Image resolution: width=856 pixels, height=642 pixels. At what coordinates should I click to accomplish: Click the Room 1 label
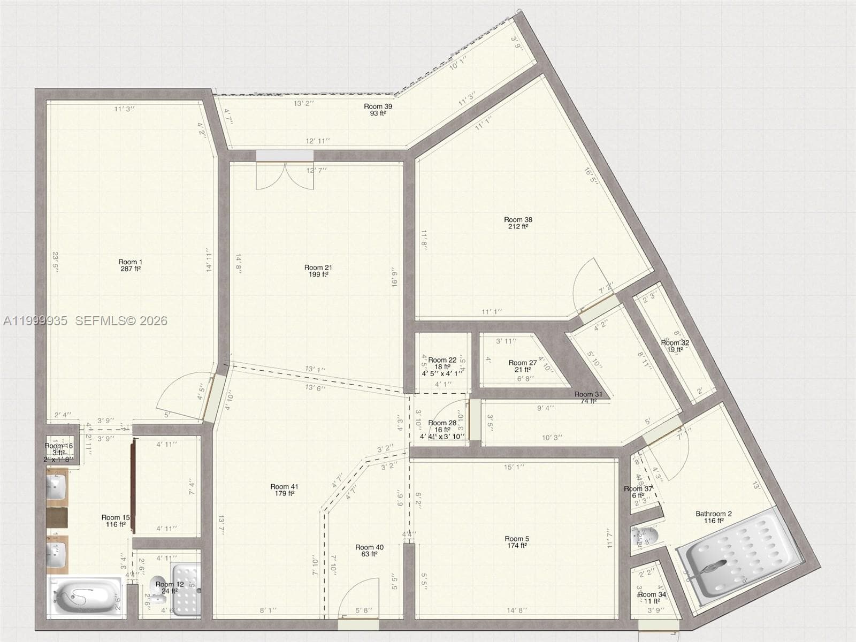pos(131,265)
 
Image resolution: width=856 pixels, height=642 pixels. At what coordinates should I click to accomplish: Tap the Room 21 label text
pos(318,271)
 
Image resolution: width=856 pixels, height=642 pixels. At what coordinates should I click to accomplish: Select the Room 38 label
pos(518,223)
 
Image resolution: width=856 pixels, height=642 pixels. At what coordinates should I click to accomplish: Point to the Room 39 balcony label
pos(378,110)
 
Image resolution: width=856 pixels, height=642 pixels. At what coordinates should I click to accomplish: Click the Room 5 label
pos(516,542)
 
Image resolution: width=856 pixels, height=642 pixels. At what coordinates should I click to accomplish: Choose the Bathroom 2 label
pos(714,517)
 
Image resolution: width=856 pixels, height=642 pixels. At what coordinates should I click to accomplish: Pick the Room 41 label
pos(284,490)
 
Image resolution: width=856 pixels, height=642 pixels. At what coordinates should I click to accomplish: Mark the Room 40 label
pos(369,551)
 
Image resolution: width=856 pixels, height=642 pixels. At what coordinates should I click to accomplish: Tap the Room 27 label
pos(522,366)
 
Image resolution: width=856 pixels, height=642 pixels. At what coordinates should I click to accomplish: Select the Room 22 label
pos(442,363)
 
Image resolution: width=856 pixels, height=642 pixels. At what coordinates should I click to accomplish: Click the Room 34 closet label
pos(652,598)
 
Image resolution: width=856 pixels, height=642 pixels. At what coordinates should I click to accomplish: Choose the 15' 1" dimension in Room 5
pos(514,467)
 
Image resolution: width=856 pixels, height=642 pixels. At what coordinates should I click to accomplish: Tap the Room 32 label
pos(675,346)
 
